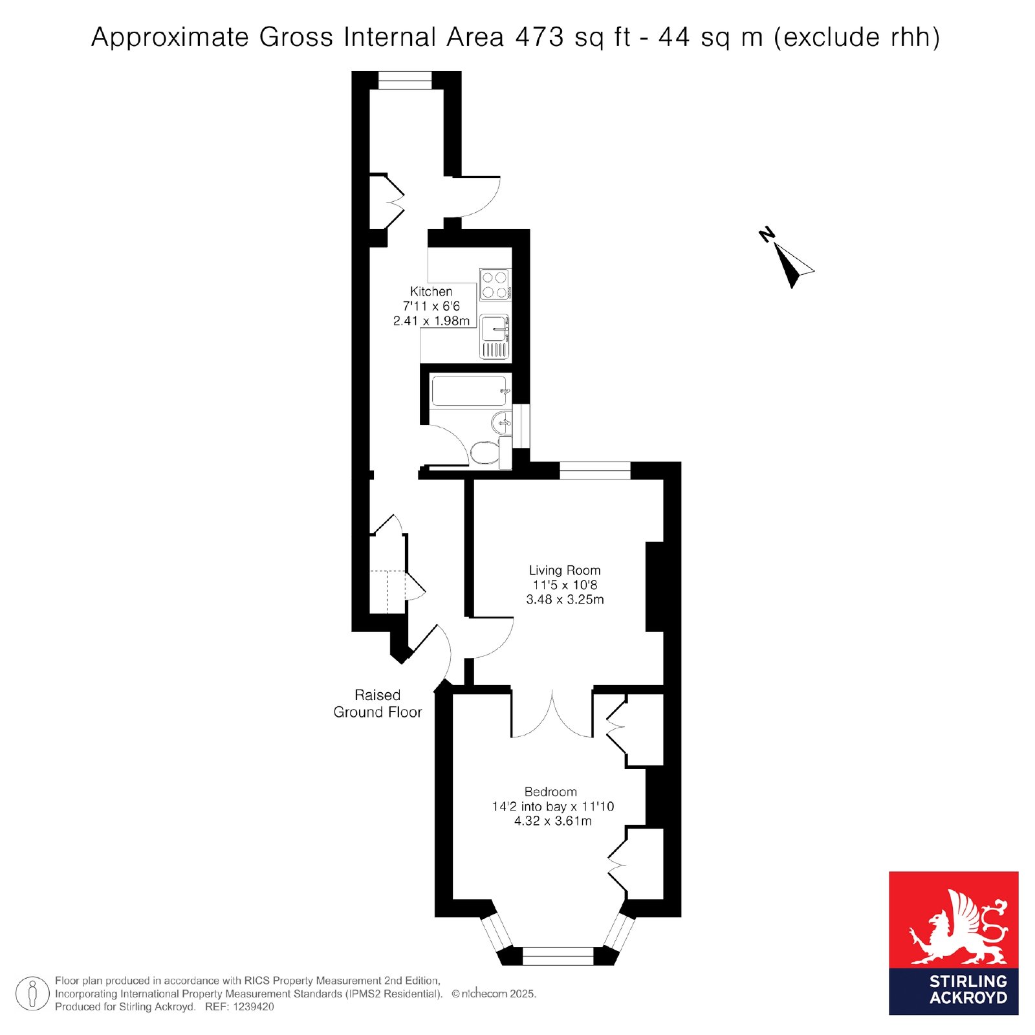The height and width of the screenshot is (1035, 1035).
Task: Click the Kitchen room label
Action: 431,292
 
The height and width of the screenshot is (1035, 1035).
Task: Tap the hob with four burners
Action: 495,285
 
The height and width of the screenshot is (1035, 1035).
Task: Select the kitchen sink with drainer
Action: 495,336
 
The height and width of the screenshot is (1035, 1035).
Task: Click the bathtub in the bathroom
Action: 470,391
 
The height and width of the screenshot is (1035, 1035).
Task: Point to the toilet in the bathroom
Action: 490,452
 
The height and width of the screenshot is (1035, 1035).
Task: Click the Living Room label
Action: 565,571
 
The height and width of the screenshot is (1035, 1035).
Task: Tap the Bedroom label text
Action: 550,792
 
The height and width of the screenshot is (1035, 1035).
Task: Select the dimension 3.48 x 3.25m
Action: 565,600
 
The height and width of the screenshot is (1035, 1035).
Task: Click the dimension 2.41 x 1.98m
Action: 431,321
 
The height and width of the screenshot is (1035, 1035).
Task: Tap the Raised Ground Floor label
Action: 378,704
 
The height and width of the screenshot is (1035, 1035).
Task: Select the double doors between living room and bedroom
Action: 552,714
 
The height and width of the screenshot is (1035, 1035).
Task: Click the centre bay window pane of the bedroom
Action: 558,956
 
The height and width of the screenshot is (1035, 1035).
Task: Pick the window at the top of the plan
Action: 405,80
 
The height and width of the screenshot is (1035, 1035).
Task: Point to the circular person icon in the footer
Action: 32,994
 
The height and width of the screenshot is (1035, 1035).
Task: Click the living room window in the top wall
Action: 595,470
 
